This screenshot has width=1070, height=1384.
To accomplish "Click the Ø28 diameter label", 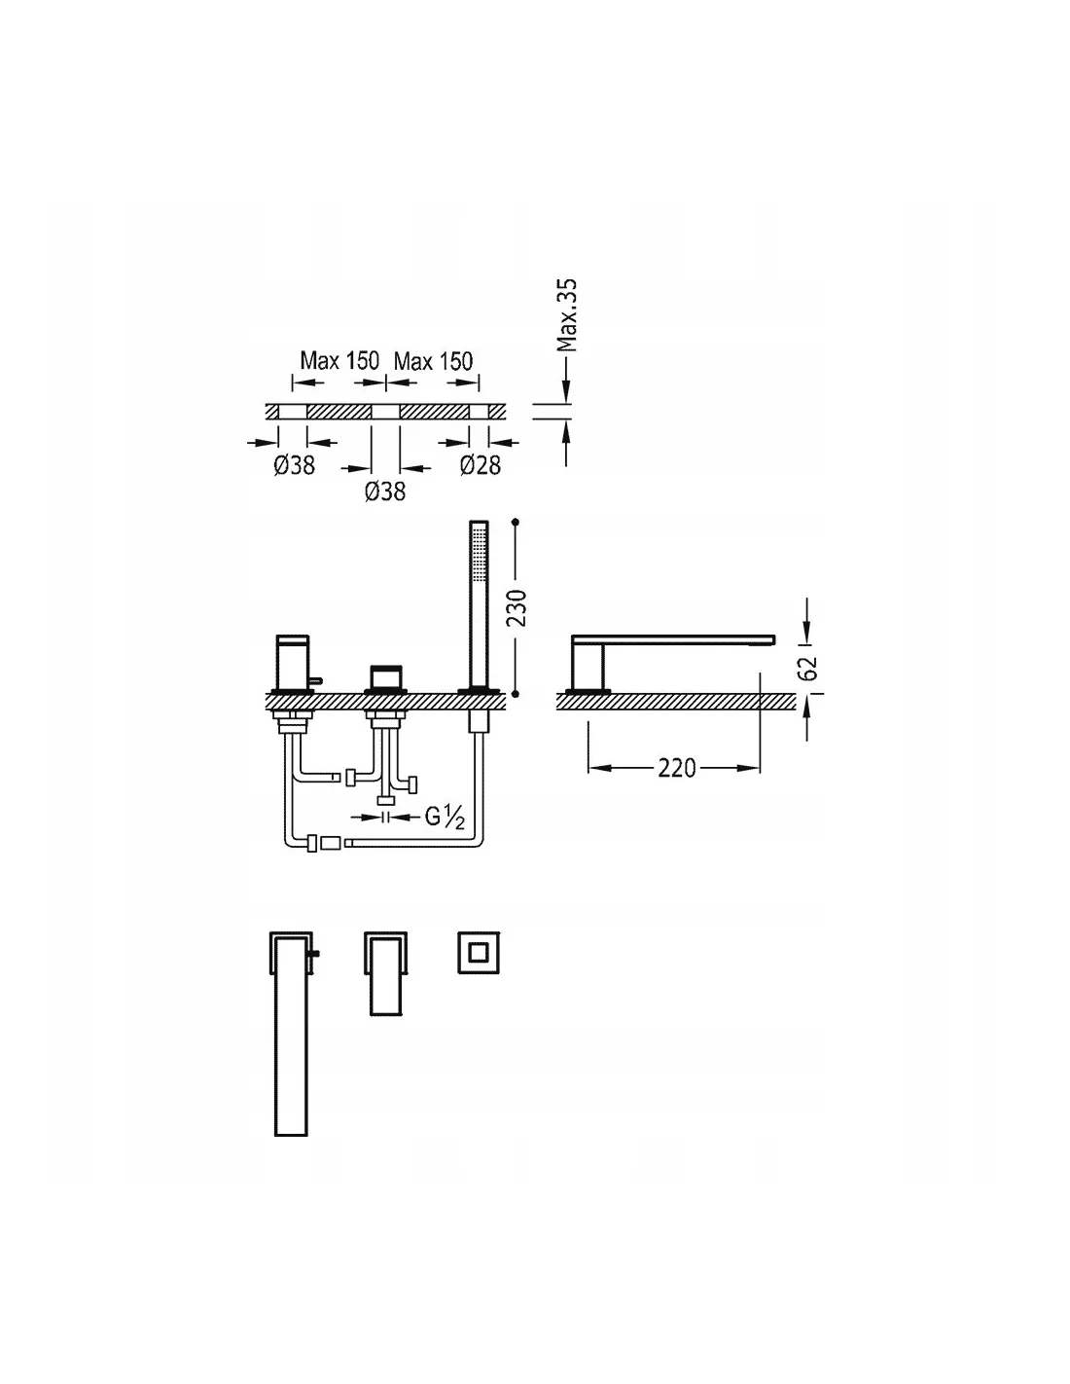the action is click(x=480, y=465).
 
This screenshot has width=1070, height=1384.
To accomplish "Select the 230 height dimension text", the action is click(x=517, y=607).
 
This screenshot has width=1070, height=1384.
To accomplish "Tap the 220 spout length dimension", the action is click(x=676, y=768).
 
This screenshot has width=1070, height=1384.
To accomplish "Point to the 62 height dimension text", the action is click(x=807, y=668).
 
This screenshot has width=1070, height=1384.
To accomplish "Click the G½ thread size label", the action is click(x=445, y=817).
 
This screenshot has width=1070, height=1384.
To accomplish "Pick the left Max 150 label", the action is click(x=339, y=361).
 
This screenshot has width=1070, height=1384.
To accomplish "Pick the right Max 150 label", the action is click(x=433, y=361).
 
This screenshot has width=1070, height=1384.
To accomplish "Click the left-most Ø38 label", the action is click(x=294, y=465).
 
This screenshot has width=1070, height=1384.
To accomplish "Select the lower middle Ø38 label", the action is click(x=385, y=492).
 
